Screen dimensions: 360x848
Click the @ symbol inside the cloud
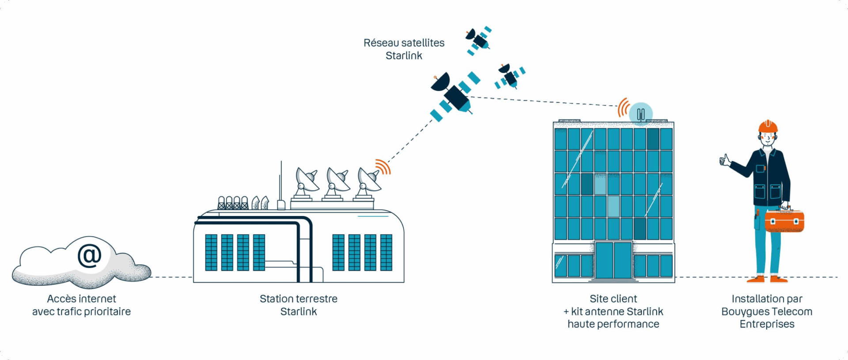coord(90,255)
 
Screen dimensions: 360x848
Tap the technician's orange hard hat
coord(768,127)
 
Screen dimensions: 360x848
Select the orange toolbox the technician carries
coord(784,220)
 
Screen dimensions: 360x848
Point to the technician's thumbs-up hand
coord(725,160)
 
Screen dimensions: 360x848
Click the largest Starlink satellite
coord(455,95)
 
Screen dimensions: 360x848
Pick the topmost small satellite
coord(478,40)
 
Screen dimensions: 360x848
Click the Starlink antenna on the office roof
coord(640,114)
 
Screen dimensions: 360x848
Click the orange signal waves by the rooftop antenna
coord(623,107)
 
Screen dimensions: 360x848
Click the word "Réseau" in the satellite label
coord(381,43)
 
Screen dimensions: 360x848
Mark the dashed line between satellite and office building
coord(543,101)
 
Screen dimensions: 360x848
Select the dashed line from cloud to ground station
coord(171,277)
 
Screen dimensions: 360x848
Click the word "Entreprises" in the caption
coord(767,324)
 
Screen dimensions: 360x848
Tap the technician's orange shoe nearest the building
coord(757,279)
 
